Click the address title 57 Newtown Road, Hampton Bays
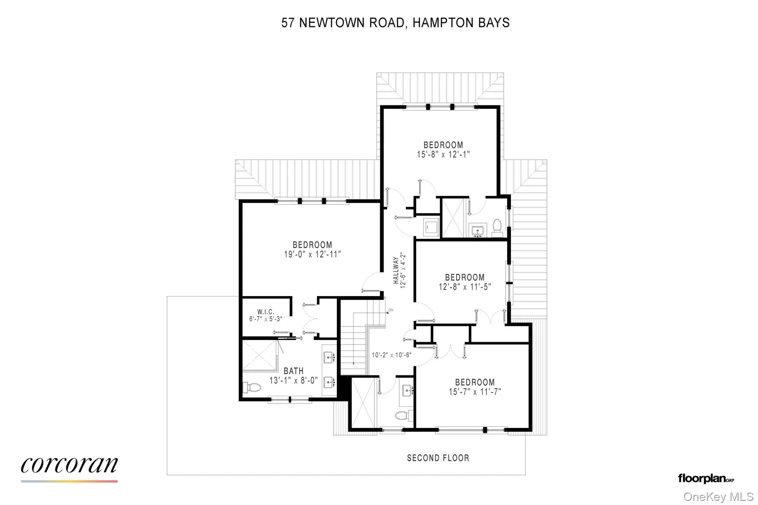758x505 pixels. [395, 23]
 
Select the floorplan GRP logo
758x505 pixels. [706, 478]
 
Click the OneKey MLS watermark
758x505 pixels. [718, 496]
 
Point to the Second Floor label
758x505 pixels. [438, 458]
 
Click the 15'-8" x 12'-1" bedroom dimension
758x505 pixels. [443, 155]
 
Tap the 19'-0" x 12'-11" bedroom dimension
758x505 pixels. [312, 255]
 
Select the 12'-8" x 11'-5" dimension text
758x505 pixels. [464, 287]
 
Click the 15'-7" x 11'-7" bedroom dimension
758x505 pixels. [475, 392]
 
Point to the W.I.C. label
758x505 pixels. [266, 312]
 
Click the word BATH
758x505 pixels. [294, 371]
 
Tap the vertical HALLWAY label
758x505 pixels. [396, 270]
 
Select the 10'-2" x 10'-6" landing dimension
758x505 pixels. [391, 355]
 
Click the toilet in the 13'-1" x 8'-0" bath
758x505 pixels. [252, 388]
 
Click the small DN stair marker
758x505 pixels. [390, 310]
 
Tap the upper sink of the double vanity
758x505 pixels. [329, 357]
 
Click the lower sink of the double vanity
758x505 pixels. [329, 381]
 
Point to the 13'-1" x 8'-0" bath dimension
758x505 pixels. [294, 380]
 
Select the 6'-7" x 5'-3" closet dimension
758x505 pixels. [266, 319]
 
